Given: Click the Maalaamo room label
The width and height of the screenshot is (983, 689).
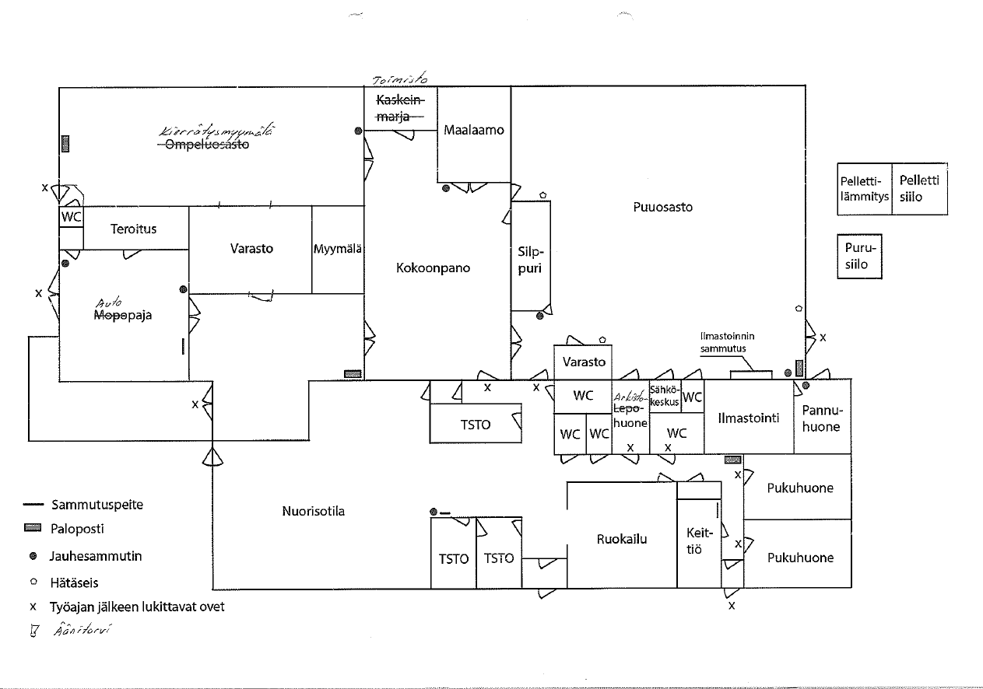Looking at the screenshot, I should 473,130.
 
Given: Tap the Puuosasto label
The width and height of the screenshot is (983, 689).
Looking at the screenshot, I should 662,207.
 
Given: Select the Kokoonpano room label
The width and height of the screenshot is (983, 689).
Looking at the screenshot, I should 433,268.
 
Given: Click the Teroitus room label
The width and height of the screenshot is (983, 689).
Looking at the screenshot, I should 133,229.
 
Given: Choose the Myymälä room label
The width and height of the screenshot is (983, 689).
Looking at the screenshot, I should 339,250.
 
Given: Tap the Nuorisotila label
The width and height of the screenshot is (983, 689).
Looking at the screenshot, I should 313,511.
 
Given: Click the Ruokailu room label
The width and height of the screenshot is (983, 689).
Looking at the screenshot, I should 622,539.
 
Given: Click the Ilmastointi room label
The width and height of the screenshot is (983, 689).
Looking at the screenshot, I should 748,418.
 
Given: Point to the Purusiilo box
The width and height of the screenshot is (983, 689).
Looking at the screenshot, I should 860,257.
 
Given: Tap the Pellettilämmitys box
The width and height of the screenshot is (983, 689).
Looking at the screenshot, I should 864,189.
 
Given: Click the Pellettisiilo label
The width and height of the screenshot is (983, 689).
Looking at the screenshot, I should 919,188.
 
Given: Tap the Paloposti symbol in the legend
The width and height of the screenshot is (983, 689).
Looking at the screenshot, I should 32,528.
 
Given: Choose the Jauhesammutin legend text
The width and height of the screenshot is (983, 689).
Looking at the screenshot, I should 95,556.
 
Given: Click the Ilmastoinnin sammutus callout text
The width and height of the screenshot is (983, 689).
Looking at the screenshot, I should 727,342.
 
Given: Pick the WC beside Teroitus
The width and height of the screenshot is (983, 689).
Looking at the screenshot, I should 71,217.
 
